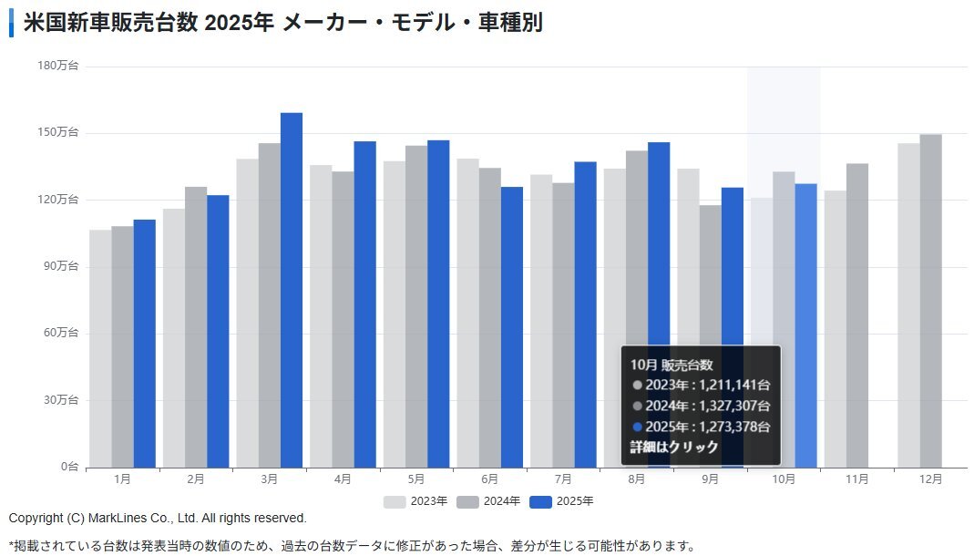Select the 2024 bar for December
tap(930, 301)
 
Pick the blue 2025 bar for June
tap(512, 327)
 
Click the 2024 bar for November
tap(856, 315)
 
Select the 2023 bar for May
tap(394, 314)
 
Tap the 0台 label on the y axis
tap(69, 467)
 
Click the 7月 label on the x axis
tap(562, 479)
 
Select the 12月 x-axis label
tap(930, 479)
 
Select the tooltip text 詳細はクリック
tap(674, 448)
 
